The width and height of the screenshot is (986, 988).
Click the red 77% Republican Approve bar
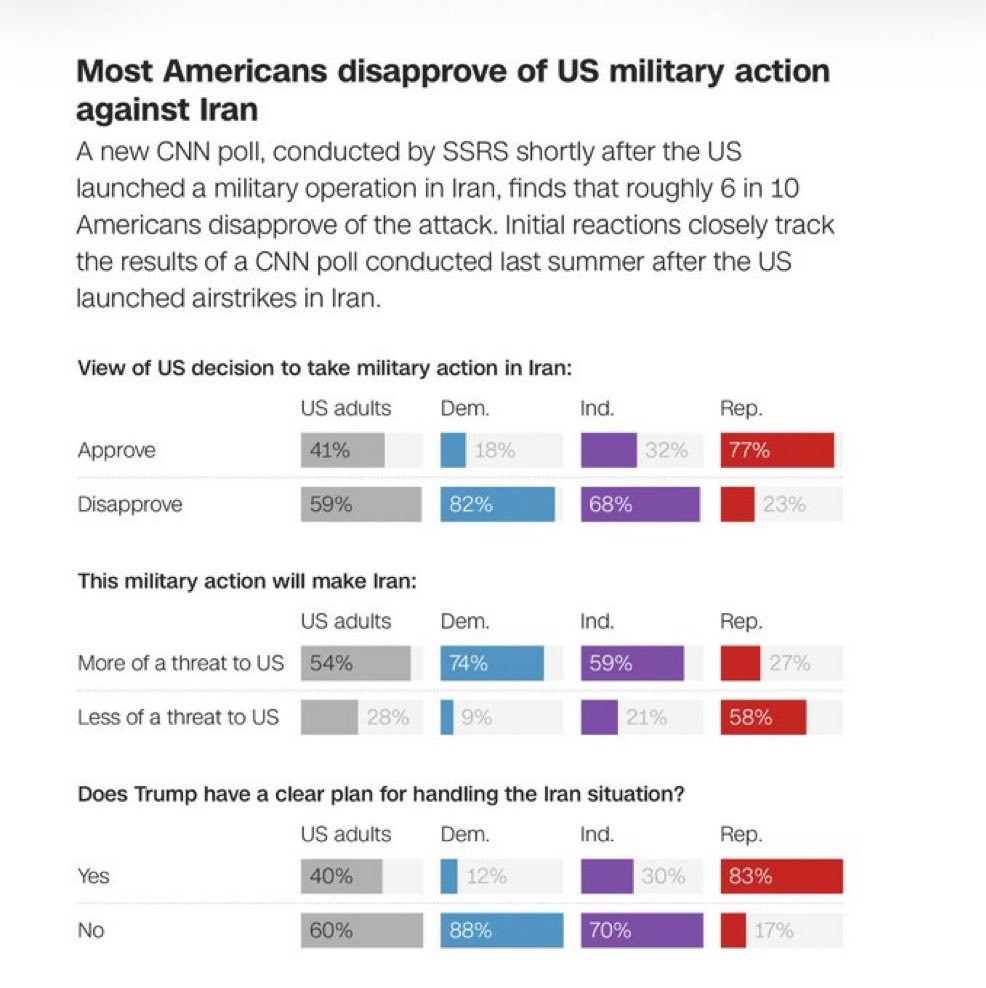[777, 451]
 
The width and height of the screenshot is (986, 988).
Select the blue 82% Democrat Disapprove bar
[497, 505]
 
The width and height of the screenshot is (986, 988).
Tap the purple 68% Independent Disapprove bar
[640, 505]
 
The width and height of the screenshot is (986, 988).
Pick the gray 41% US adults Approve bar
[342, 451]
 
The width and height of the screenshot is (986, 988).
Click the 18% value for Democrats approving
[494, 451]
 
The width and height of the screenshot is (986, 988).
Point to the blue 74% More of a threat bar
[492, 663]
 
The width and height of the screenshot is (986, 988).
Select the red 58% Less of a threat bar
[763, 717]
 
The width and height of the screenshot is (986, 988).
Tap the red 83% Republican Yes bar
[781, 876]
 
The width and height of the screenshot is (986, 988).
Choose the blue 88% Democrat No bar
[502, 930]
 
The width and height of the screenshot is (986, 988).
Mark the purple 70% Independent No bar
[641, 930]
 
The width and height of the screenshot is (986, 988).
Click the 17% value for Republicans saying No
[773, 930]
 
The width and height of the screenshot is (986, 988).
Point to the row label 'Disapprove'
[130, 505]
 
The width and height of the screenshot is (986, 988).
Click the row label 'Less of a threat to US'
[178, 717]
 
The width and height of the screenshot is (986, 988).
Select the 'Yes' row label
[94, 876]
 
